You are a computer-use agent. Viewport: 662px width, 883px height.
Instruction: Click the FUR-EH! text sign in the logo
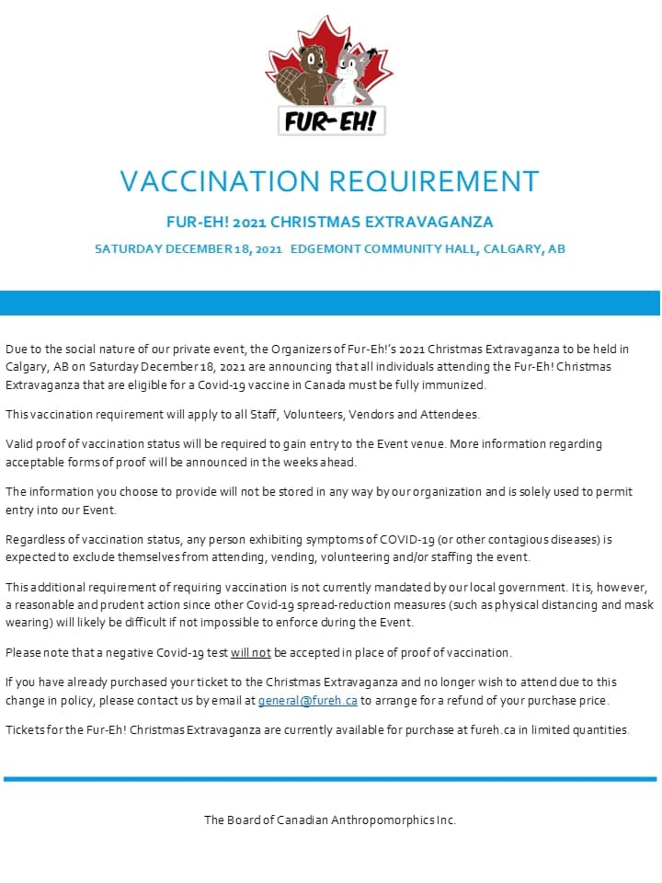pyautogui.click(x=331, y=120)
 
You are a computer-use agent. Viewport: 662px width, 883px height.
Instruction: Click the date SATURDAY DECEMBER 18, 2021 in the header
pyautogui.click(x=188, y=249)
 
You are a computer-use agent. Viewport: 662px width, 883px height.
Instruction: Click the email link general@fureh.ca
pyautogui.click(x=307, y=701)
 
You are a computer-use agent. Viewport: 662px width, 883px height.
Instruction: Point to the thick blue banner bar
pyautogui.click(x=331, y=303)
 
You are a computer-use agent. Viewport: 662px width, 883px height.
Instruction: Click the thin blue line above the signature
pyautogui.click(x=331, y=779)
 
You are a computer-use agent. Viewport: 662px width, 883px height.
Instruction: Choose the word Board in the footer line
pyautogui.click(x=244, y=820)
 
